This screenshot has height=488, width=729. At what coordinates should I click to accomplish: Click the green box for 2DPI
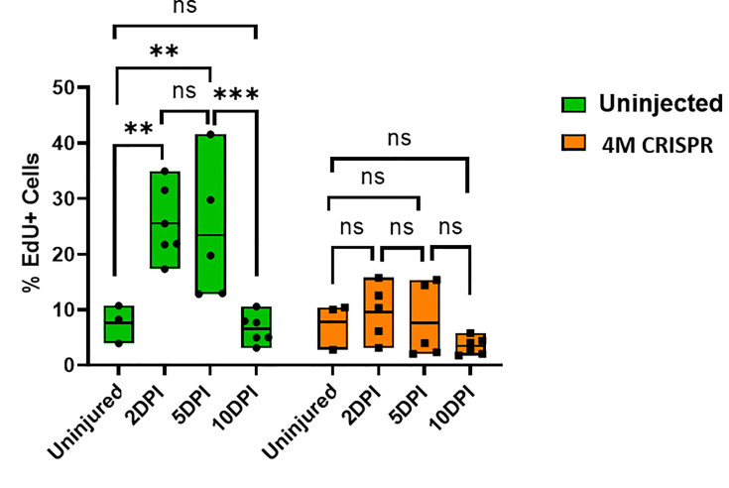[x=164, y=219]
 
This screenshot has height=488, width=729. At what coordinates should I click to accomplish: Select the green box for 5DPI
[x=209, y=214]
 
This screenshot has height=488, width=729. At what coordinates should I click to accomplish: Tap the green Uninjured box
[x=118, y=324]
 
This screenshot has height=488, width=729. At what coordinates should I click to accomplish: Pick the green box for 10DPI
[x=256, y=327]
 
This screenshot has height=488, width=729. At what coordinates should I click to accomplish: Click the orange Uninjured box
[x=332, y=328]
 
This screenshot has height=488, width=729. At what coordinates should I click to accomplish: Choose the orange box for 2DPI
[x=378, y=312]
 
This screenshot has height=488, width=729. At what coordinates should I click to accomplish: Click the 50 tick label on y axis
[x=63, y=88]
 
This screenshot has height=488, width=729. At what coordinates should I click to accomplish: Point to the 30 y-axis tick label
[x=63, y=199]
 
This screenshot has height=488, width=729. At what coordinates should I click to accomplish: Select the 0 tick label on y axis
[x=69, y=365]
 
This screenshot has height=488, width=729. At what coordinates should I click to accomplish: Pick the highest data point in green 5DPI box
[x=209, y=135]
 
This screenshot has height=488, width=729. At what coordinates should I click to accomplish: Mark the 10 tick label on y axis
[x=63, y=309]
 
